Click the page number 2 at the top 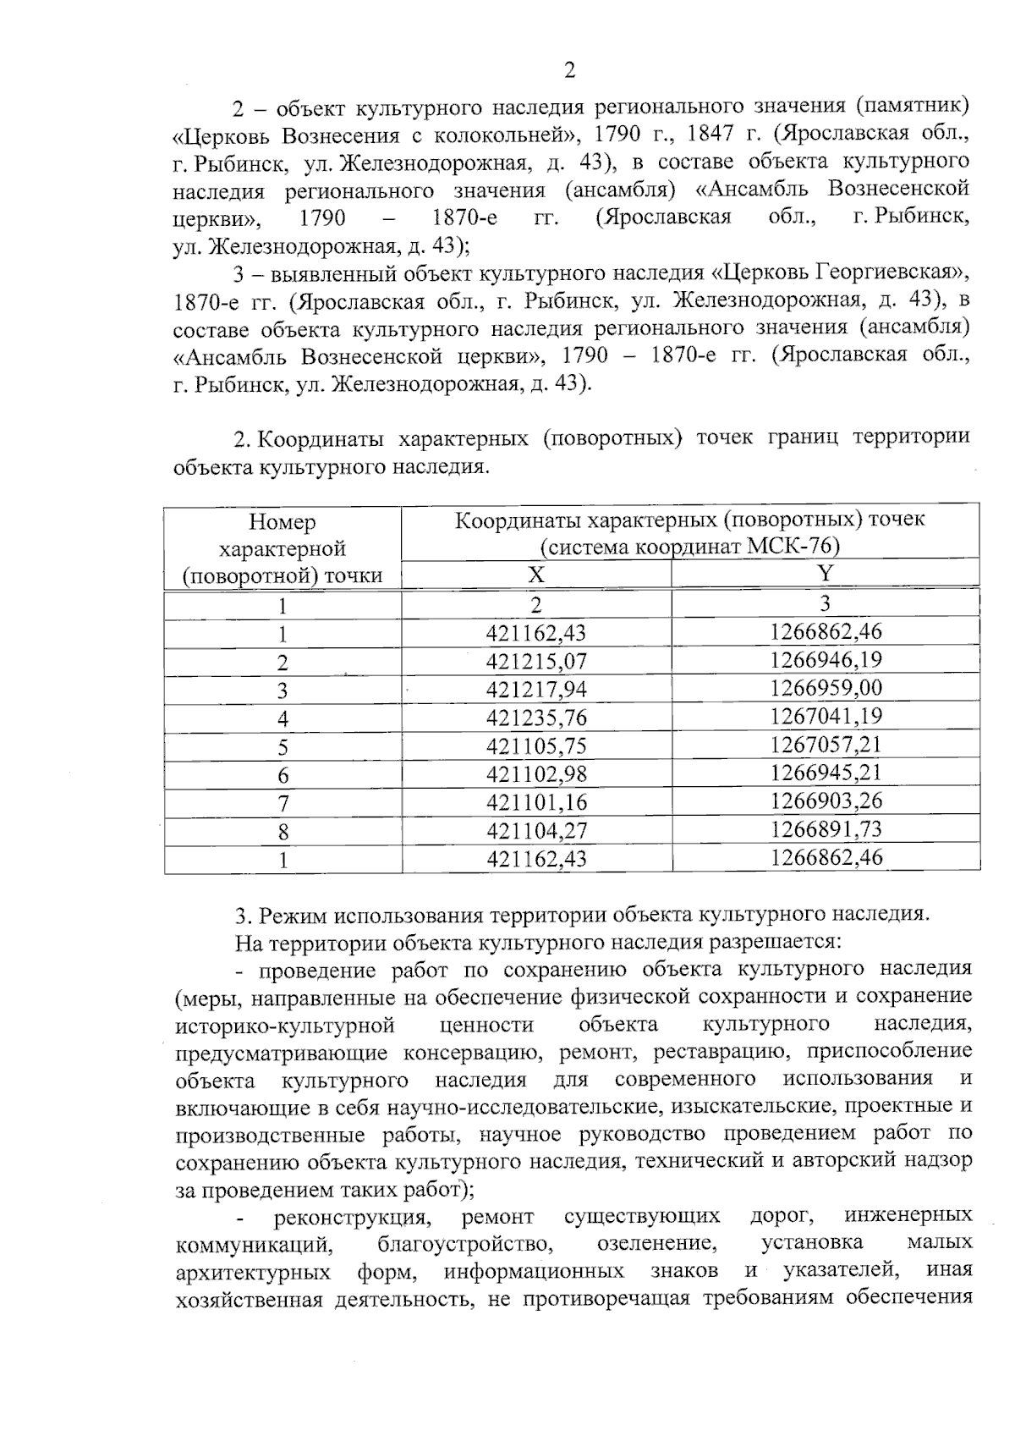tap(569, 71)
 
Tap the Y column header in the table tap(826, 574)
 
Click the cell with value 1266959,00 tap(826, 688)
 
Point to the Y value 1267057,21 tap(826, 745)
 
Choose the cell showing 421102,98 tap(536, 774)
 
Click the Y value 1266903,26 tap(826, 801)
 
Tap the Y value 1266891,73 tap(826, 829)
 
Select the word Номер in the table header tap(283, 522)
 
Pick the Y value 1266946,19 tap(826, 660)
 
